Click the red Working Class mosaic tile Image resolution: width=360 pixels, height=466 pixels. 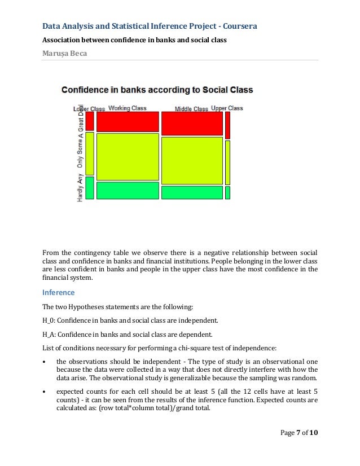(128, 121)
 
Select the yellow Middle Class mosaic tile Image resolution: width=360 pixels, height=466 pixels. (192, 160)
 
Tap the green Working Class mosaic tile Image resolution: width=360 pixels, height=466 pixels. (128, 190)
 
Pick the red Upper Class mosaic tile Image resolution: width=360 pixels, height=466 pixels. (227, 125)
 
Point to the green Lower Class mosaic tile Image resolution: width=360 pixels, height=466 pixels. (89, 188)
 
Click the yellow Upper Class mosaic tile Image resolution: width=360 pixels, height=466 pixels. (227, 162)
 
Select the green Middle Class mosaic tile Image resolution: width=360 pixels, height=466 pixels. (192, 192)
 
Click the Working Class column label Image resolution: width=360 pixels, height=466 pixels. (128, 108)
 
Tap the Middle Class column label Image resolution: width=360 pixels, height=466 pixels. (191, 109)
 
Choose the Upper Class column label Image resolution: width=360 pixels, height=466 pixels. (227, 108)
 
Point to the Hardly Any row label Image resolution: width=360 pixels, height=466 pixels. (80, 188)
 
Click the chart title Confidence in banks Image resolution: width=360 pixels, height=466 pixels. (157, 90)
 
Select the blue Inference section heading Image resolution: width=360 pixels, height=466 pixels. (59, 293)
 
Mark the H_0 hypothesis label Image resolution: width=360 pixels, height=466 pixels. (49, 320)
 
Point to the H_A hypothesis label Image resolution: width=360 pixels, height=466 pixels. (49, 333)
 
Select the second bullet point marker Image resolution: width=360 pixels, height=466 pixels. (45, 391)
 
